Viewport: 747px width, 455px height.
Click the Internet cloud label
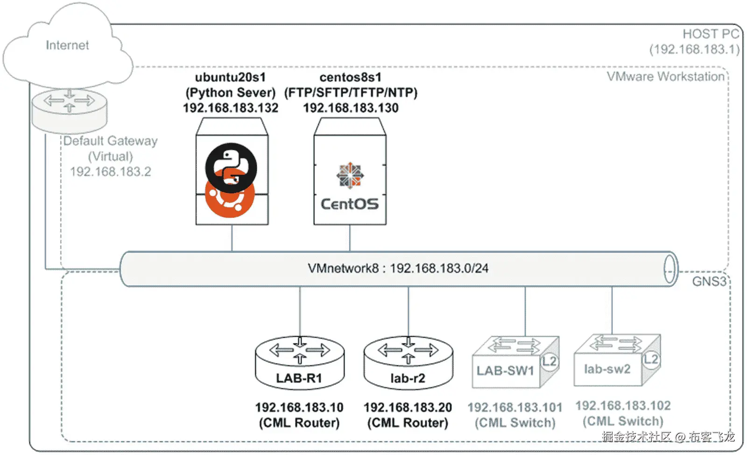click(x=67, y=45)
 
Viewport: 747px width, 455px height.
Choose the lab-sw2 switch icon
click(x=616, y=360)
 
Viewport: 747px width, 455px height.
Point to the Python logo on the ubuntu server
click(x=231, y=168)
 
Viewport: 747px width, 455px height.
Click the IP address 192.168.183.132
click(x=231, y=108)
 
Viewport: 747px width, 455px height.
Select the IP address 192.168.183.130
click(x=351, y=108)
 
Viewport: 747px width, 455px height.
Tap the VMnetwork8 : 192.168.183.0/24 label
click(x=398, y=268)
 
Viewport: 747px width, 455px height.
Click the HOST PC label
click(x=711, y=34)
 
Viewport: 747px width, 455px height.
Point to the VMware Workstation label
click(x=665, y=77)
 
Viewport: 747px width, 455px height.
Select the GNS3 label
click(x=709, y=281)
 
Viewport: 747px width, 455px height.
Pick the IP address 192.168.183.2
click(x=111, y=172)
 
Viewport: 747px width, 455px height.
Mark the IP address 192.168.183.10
click(x=299, y=407)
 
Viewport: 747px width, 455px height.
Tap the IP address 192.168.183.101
click(x=515, y=407)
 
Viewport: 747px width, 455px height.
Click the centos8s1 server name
click(x=350, y=77)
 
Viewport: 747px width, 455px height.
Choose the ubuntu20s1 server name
click(x=230, y=77)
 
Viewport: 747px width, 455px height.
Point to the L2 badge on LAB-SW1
click(x=550, y=361)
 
